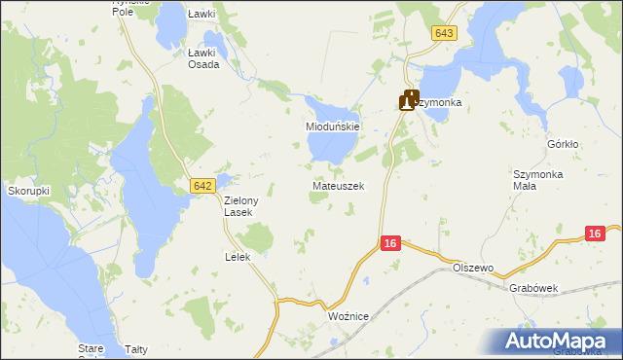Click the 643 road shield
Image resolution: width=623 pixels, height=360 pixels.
pos(444,33)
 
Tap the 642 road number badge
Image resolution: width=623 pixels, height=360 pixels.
pos(202,184)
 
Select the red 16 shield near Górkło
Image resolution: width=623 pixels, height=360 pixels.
pos(596,234)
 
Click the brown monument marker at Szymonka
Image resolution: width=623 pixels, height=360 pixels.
pos(408,99)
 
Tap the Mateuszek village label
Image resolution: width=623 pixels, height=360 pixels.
pos(339,185)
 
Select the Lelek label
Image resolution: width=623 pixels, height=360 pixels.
pos(238,257)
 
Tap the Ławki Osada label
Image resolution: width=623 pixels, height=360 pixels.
pos(203,58)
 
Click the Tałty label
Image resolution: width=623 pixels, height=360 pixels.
pos(136,348)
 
